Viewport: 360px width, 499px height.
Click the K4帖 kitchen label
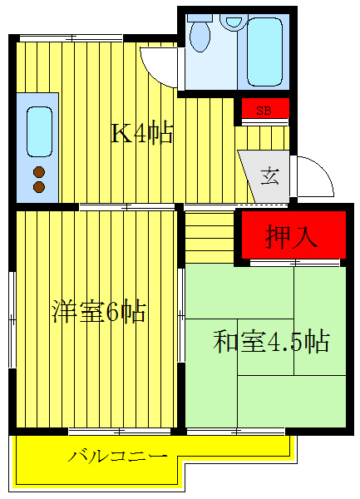(143, 132)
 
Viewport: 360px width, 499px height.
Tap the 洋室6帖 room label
(99, 313)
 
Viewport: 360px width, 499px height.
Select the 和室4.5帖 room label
(272, 342)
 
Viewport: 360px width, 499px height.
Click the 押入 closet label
(292, 237)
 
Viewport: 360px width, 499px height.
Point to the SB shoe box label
(264, 109)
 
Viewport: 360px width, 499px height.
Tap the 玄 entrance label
(270, 175)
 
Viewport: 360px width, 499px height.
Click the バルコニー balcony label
(118, 457)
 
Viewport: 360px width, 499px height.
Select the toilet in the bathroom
(200, 35)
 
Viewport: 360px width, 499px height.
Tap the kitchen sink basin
(38, 128)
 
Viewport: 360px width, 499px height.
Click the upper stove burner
(38, 173)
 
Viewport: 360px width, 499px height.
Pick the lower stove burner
(38, 187)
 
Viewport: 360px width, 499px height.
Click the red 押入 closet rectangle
(292, 236)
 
